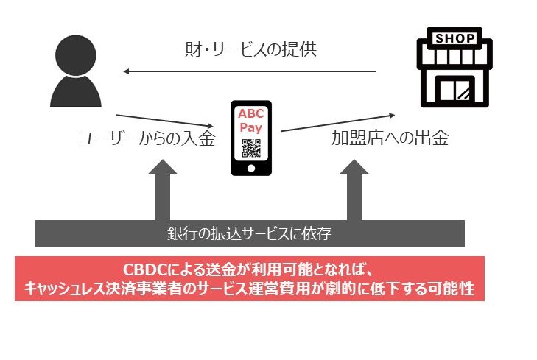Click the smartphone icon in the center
pyautogui.click(x=250, y=138)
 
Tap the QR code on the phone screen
pyautogui.click(x=250, y=149)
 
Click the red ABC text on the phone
pyautogui.click(x=250, y=115)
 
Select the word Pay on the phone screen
pyautogui.click(x=250, y=127)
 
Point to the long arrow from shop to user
pyautogui.click(x=250, y=71)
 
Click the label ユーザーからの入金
pyautogui.click(x=147, y=138)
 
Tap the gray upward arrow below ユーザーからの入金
pyautogui.click(x=161, y=191)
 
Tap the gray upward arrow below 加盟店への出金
pyautogui.click(x=353, y=191)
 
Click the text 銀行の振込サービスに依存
pyautogui.click(x=250, y=236)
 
